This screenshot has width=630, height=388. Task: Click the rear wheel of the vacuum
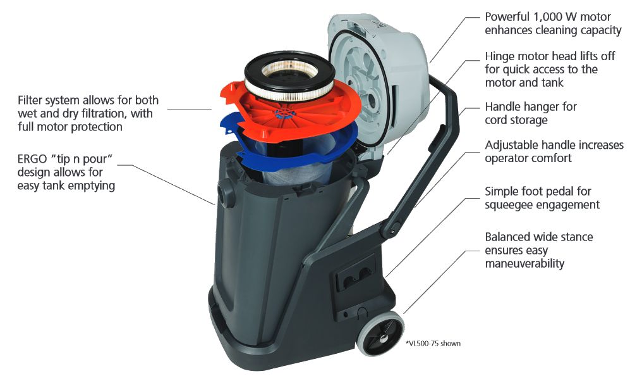(x=380, y=334)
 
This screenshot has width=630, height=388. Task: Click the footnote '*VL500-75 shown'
(x=433, y=343)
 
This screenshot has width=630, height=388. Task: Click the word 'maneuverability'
(x=524, y=264)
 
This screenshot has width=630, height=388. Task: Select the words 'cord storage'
(x=516, y=120)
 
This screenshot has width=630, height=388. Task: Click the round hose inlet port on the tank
(x=226, y=192)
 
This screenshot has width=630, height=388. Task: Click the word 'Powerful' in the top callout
(x=507, y=17)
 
